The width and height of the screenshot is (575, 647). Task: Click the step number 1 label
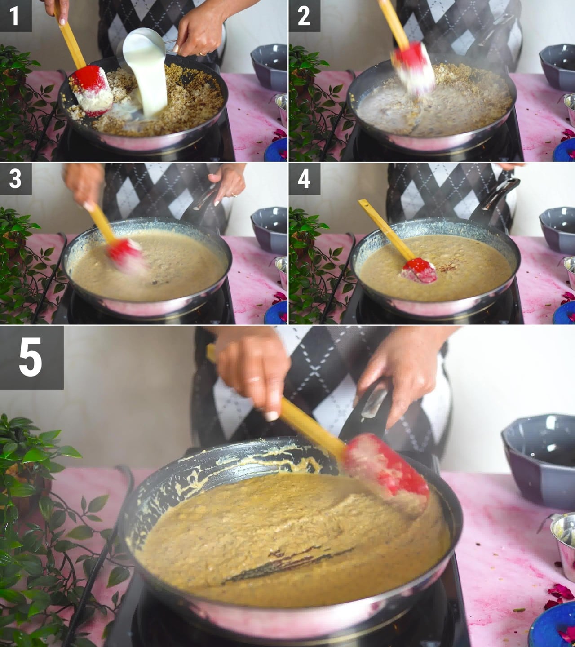(x=15, y=16)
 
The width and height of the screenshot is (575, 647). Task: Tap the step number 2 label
(x=304, y=16)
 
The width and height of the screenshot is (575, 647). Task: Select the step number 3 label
(x=15, y=179)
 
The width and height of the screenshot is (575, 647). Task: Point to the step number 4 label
(x=304, y=179)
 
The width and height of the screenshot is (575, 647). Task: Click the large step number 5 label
(x=31, y=358)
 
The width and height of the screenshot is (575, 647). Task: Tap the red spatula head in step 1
(x=92, y=90)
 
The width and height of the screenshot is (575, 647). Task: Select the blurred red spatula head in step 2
(x=414, y=68)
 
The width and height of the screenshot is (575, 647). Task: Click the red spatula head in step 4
(x=419, y=270)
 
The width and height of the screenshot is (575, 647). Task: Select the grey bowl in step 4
(x=557, y=230)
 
